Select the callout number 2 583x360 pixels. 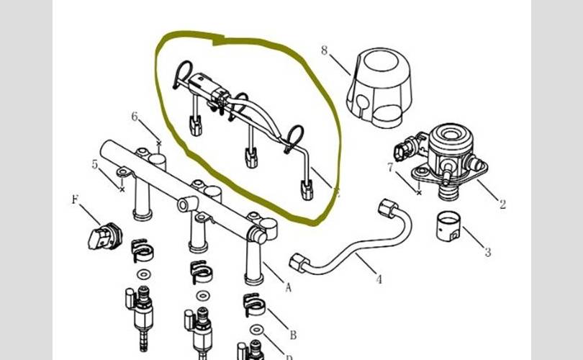502,204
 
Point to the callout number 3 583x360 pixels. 487,252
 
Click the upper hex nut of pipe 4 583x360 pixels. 387,210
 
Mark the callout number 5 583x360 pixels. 95,165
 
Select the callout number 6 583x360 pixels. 135,117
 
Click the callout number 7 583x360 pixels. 390,168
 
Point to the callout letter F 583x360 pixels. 75,199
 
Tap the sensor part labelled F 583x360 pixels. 104,235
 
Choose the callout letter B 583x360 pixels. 292,334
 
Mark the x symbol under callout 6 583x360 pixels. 159,144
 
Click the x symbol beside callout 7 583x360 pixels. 419,192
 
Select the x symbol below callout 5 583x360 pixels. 122,190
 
